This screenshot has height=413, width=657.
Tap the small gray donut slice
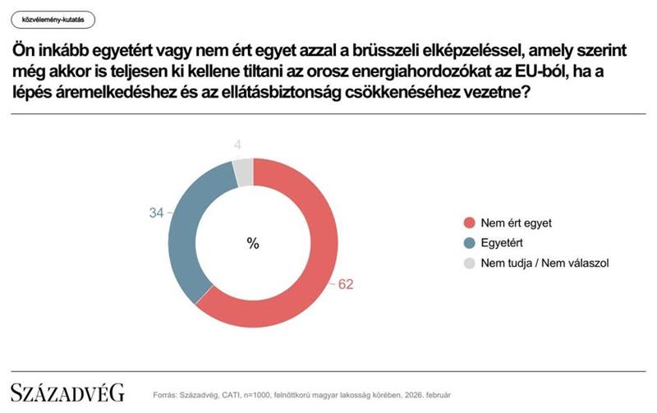coord(243,173)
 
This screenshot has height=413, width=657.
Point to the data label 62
coord(345,285)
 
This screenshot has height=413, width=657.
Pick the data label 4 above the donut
coord(237,146)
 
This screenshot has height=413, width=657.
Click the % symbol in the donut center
coord(253,243)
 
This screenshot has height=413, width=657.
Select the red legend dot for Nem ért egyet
coord(469,223)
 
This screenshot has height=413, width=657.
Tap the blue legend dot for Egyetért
coord(469,243)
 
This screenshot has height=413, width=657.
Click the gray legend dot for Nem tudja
coord(469,264)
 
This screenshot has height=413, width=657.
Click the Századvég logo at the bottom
coord(67,392)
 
